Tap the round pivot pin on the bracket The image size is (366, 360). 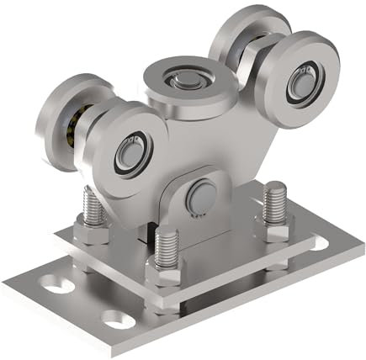point(199,196)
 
